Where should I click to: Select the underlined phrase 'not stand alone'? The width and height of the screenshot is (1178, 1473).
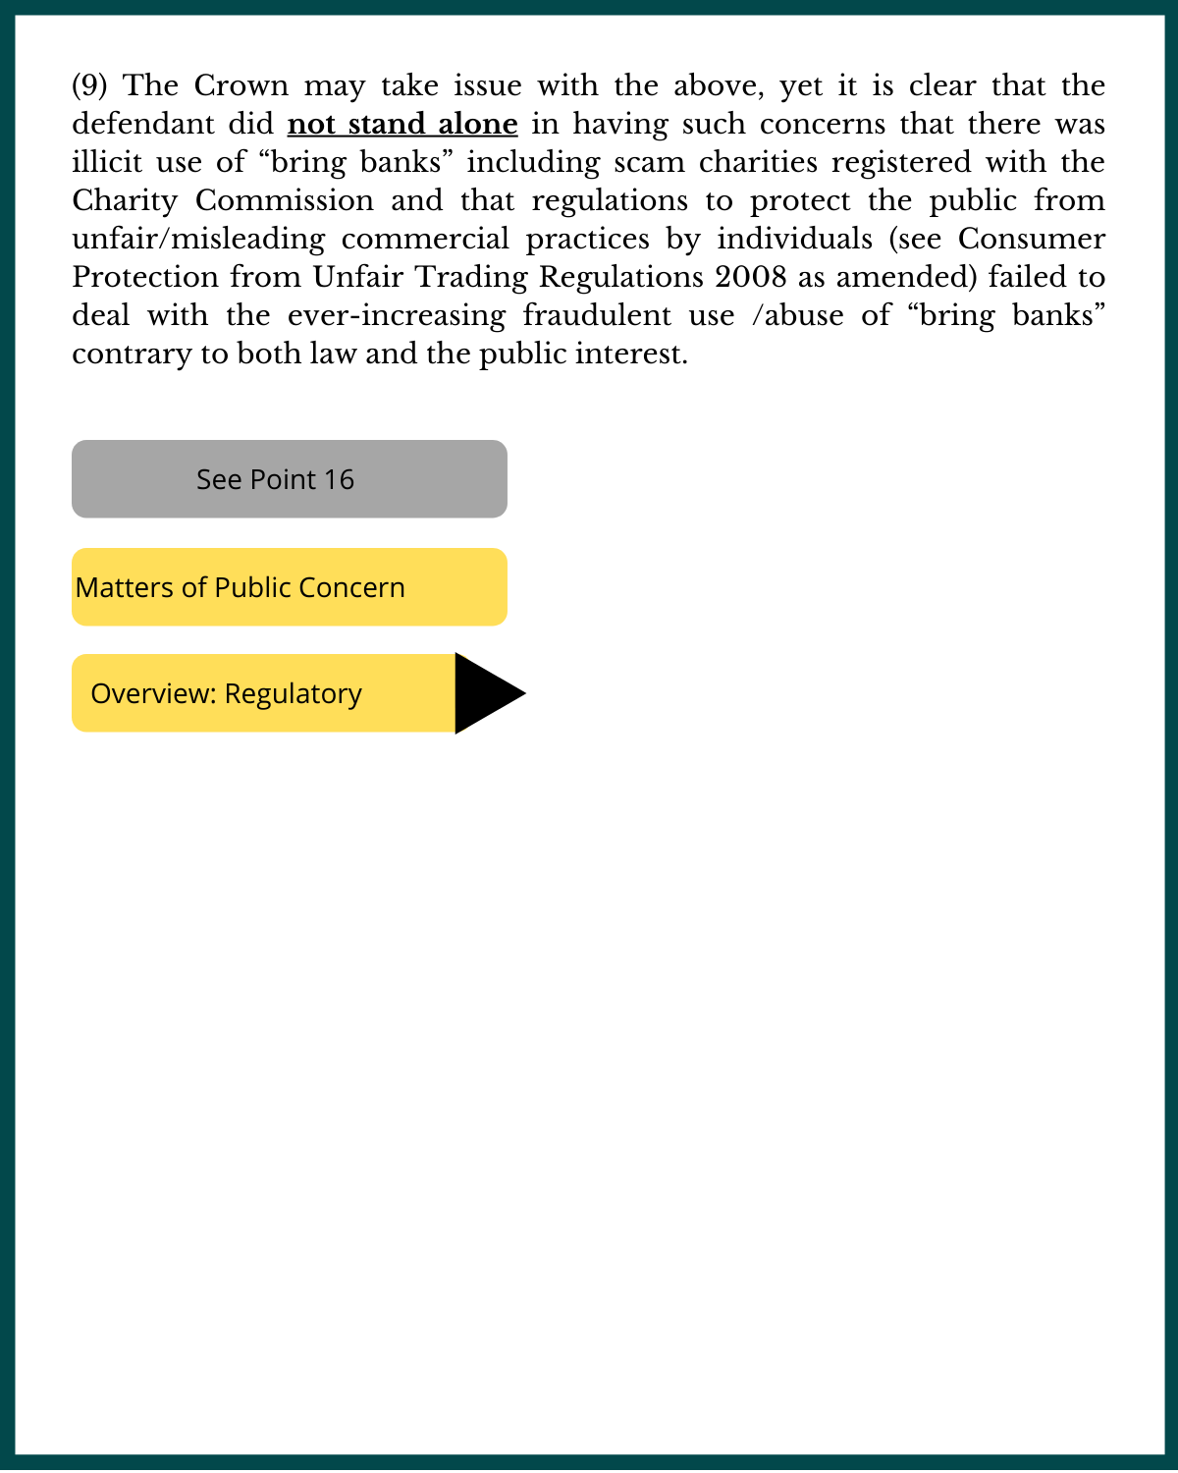402,124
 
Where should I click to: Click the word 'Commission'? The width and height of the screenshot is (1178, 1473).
285,200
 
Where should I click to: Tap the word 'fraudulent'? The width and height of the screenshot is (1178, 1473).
628,315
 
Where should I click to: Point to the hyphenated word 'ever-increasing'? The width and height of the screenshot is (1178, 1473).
397,315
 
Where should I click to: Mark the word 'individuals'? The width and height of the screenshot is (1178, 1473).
794,239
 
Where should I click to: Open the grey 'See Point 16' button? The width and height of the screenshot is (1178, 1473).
290,479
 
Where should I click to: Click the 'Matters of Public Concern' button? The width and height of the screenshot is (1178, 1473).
290,587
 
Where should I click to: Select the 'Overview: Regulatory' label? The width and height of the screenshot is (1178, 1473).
227,693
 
